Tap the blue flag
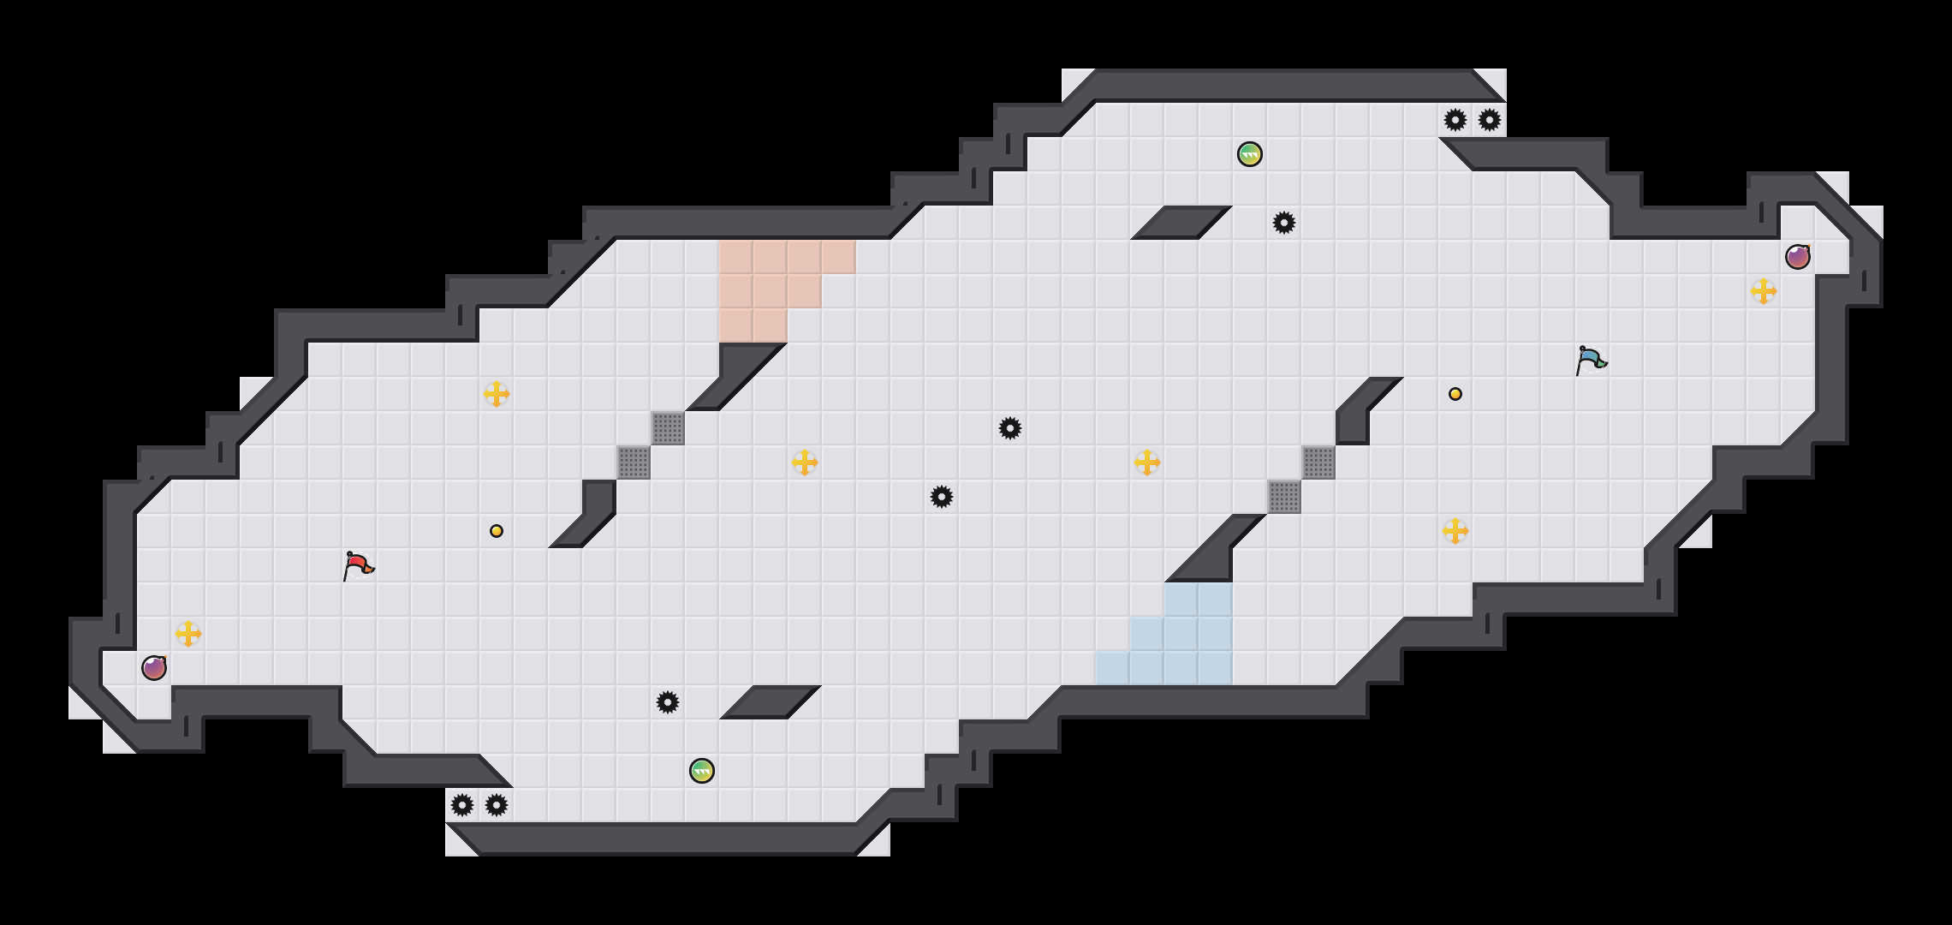click(x=1591, y=360)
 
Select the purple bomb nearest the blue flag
click(x=1797, y=257)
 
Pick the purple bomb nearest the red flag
click(x=154, y=668)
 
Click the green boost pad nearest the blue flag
click(x=1250, y=154)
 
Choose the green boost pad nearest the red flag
click(x=702, y=771)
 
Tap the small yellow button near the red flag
click(x=497, y=531)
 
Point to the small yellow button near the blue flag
click(x=1455, y=394)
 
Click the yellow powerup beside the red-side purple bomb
click(x=188, y=634)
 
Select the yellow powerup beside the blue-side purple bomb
click(x=1764, y=291)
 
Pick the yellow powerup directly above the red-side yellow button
click(x=497, y=394)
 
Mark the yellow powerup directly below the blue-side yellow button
click(x=1455, y=531)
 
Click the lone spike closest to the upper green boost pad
click(x=1284, y=223)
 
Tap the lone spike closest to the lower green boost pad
click(x=668, y=702)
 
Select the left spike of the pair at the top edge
click(x=1455, y=120)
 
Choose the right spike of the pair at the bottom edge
click(x=497, y=805)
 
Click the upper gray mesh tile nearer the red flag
click(x=668, y=428)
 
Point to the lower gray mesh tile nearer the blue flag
click(x=1284, y=497)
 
